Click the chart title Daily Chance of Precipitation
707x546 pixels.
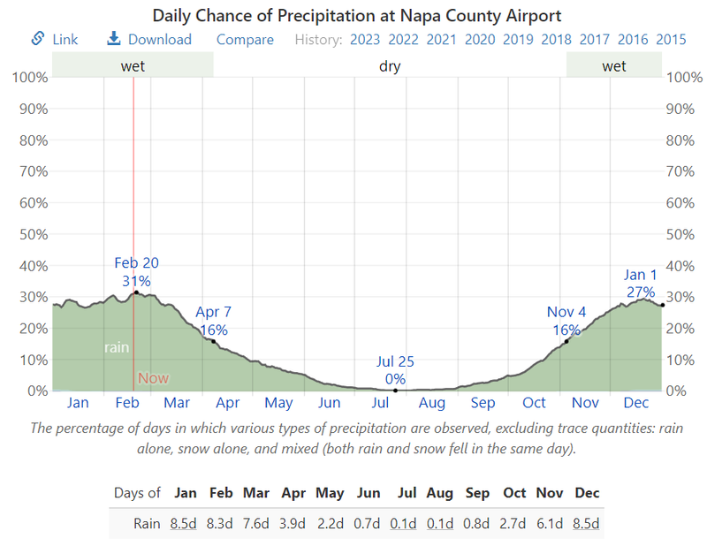[356, 16]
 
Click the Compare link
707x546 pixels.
[245, 39]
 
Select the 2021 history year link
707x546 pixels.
[442, 39]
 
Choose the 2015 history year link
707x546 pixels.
[672, 39]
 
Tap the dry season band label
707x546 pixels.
[390, 66]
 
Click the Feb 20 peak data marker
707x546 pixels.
[136, 292]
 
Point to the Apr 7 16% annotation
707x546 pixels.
[213, 322]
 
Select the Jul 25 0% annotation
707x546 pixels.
[395, 370]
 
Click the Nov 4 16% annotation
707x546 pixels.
[566, 322]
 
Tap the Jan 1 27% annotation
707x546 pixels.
[640, 284]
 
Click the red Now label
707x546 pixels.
[153, 378]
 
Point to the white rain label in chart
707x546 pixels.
[117, 347]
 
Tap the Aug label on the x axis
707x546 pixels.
[432, 403]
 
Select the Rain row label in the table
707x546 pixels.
[147, 523]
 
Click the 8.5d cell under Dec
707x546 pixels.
[586, 523]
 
